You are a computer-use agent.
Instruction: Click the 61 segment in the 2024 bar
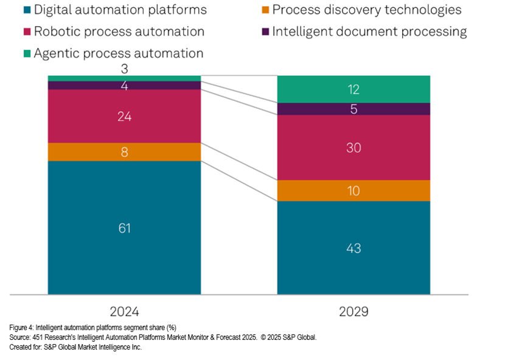click(x=124, y=228)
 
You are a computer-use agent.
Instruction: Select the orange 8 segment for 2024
click(x=124, y=152)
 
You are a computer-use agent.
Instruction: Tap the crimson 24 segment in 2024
click(x=124, y=116)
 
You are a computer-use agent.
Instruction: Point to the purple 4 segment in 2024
click(x=124, y=86)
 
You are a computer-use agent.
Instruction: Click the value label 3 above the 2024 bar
click(x=124, y=69)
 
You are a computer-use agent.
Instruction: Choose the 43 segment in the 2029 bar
click(x=353, y=248)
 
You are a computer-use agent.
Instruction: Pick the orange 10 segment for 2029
click(x=353, y=191)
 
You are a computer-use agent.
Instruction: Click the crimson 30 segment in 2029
click(x=353, y=148)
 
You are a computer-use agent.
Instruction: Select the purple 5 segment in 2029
click(x=353, y=109)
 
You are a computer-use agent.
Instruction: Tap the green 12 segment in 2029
click(x=353, y=89)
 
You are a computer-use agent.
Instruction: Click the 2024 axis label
click(x=124, y=311)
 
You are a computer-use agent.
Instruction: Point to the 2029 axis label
click(x=353, y=311)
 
